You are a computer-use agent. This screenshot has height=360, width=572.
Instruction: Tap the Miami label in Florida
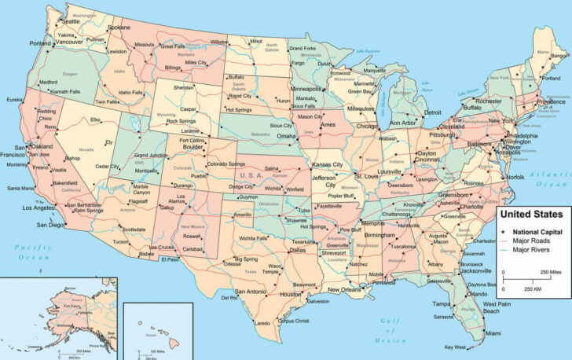click(x=493, y=333)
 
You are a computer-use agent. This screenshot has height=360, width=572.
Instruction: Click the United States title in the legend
click(x=532, y=214)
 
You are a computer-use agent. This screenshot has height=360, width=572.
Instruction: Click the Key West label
click(x=455, y=347)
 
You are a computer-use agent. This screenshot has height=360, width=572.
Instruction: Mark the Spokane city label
click(x=119, y=27)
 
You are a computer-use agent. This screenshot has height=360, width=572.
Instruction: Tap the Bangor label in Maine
click(x=559, y=56)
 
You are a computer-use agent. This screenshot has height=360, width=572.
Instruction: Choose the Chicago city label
click(x=367, y=126)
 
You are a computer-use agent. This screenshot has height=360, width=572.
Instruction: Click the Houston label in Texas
click(x=291, y=294)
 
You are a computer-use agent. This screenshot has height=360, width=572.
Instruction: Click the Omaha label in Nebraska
click(x=287, y=136)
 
